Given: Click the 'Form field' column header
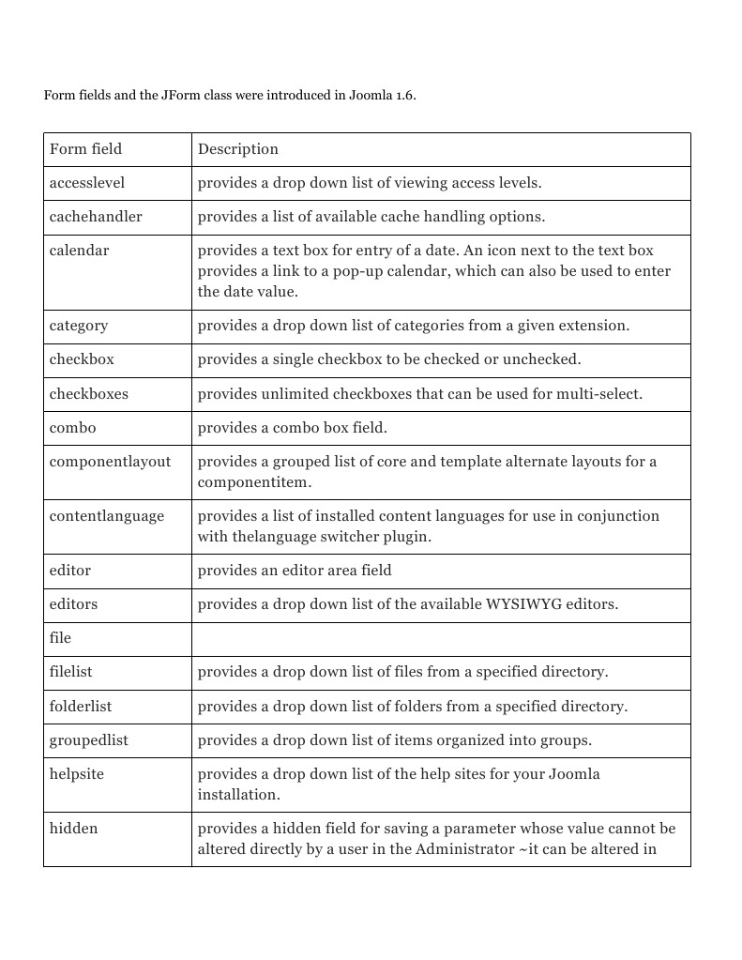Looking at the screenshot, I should tap(85, 149).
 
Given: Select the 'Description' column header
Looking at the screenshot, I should tap(237, 149).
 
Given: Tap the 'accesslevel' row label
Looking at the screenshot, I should tap(87, 183).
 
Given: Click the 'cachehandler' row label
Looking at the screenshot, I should tap(96, 217).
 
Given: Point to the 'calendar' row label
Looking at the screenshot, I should tap(79, 251).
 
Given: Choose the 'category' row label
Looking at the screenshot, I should tap(79, 326).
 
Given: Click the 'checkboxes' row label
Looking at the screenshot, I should tap(89, 394).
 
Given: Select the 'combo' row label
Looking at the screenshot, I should tap(72, 428).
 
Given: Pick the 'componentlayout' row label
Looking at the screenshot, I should tap(110, 462).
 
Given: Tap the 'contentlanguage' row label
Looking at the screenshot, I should tap(106, 516).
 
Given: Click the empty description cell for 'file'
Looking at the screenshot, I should tap(441, 639).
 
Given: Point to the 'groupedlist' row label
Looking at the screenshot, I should tap(89, 740).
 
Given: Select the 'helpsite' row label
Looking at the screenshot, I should tap(77, 774).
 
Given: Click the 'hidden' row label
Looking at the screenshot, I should tap(73, 829).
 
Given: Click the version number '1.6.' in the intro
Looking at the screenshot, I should tap(405, 96).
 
